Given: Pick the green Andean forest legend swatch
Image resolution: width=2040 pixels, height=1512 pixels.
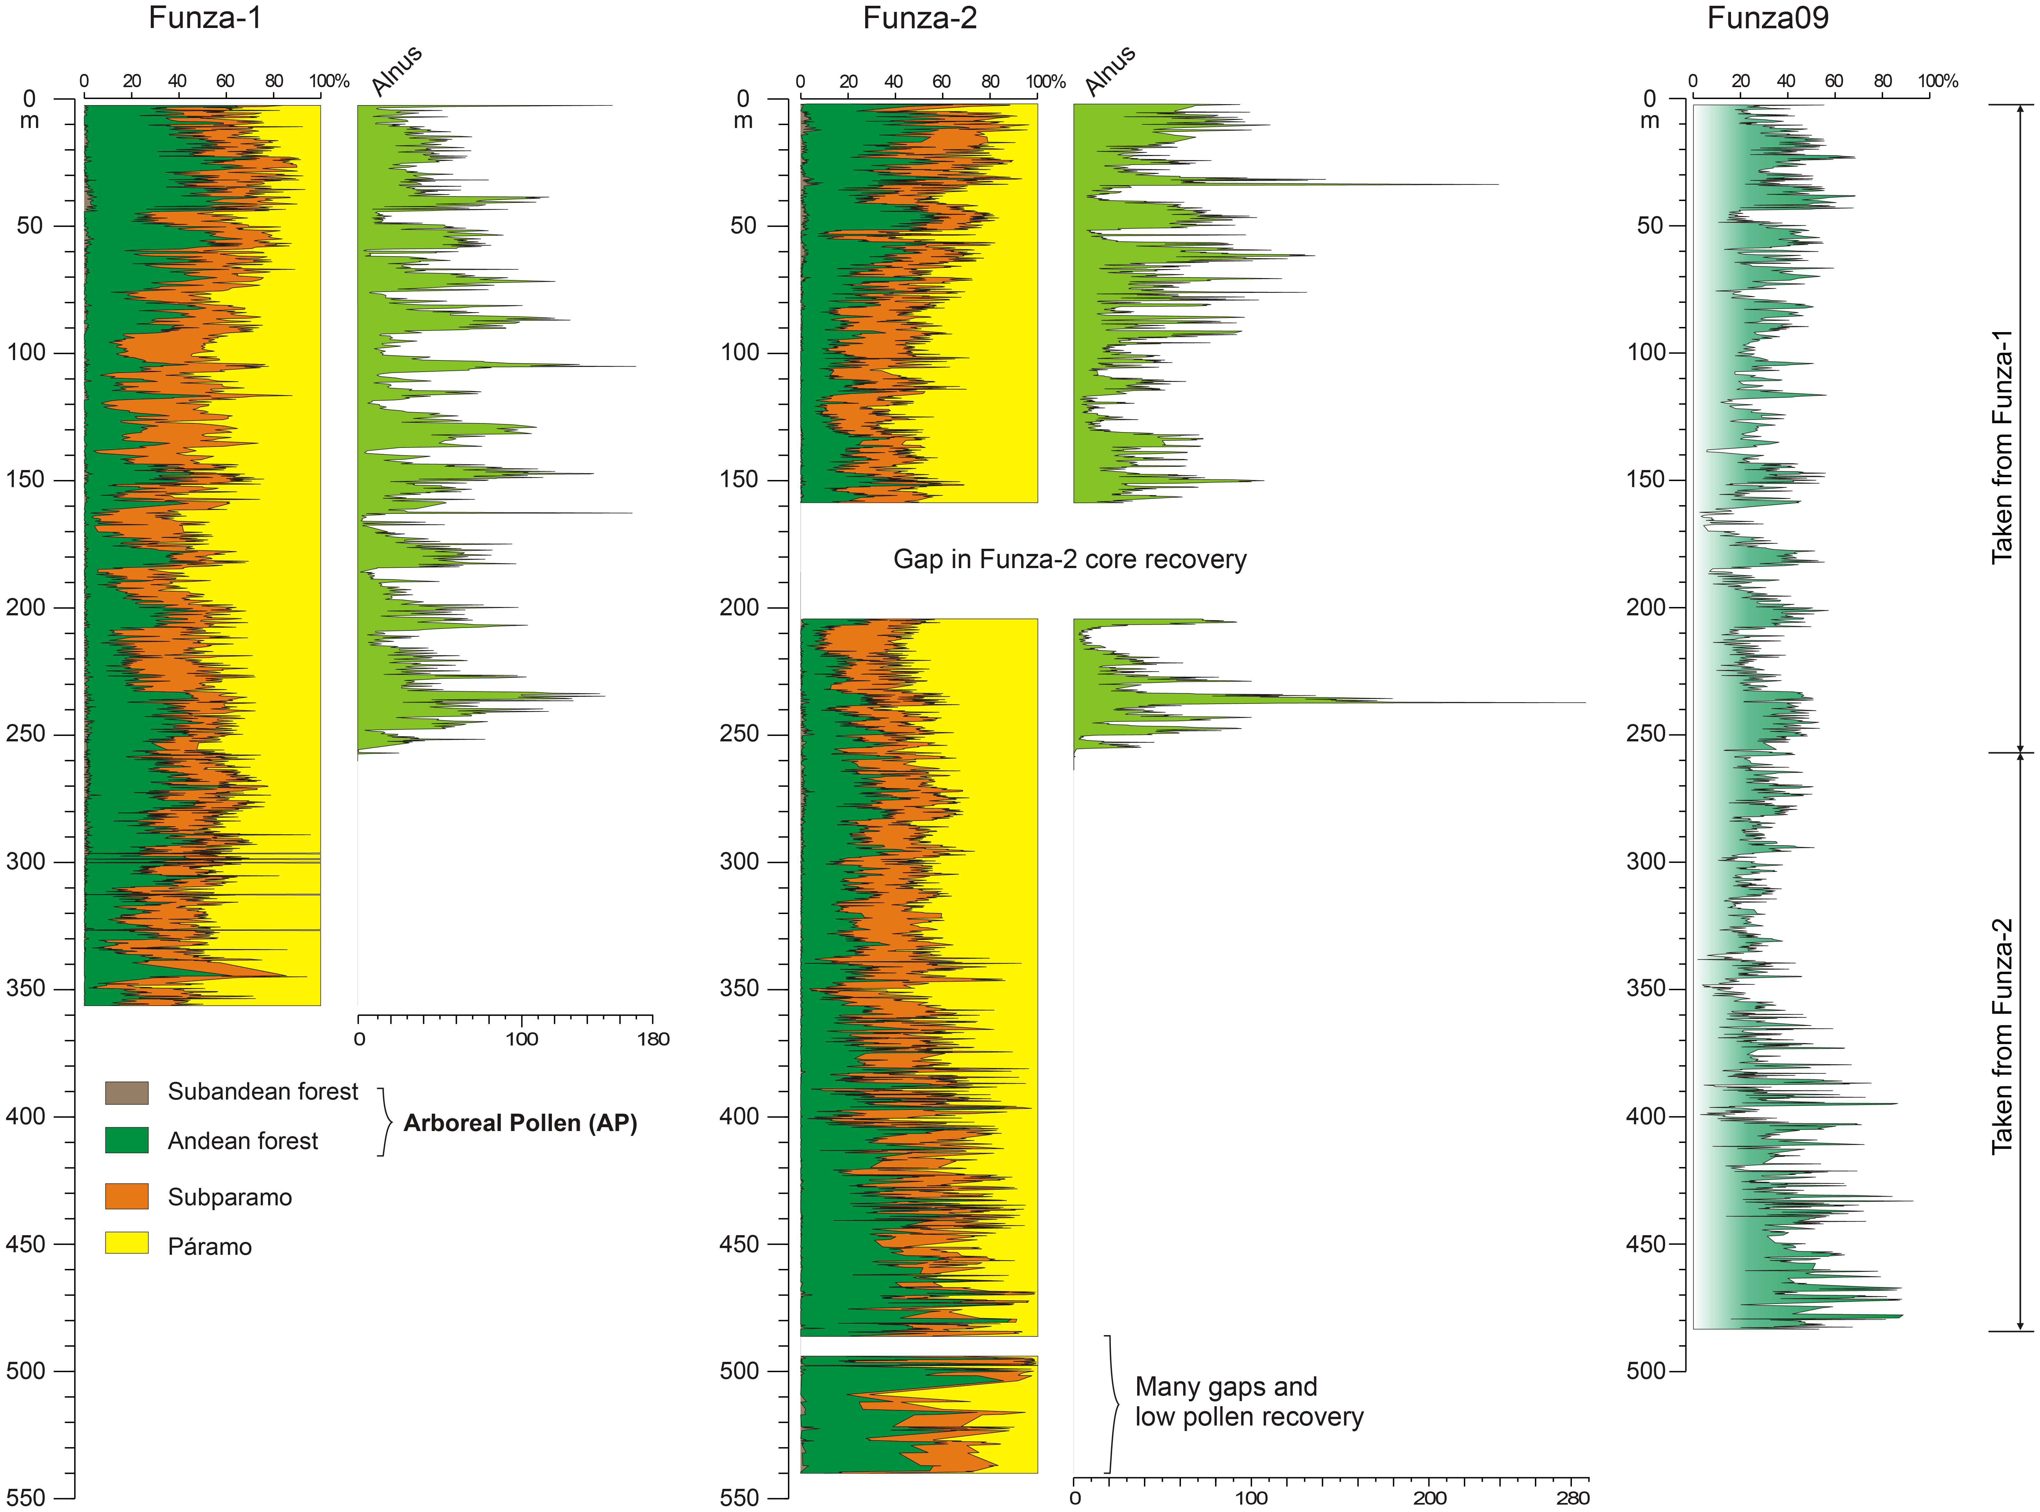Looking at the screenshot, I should point(126,1140).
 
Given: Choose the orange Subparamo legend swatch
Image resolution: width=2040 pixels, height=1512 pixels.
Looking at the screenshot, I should point(126,1196).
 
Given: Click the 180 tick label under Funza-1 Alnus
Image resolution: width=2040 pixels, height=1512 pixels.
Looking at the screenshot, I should point(653,1039).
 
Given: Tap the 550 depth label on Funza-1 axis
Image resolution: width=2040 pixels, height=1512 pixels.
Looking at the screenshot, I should point(26,1497).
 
